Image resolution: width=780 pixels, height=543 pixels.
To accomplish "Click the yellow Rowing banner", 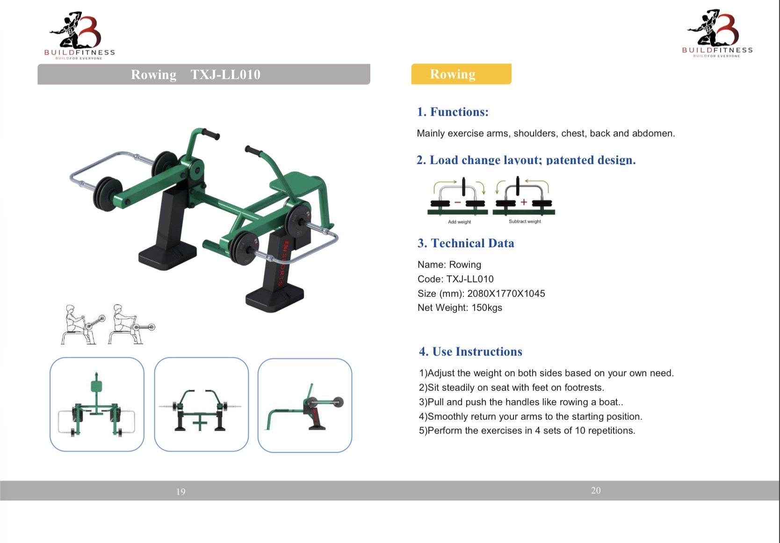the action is click(461, 74).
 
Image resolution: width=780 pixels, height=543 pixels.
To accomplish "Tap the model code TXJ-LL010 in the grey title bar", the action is click(225, 74).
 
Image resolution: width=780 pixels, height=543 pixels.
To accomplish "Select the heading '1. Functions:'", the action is click(453, 112).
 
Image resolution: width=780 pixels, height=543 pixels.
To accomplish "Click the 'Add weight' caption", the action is click(459, 221).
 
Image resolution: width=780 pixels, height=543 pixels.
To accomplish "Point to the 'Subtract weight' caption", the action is click(525, 221).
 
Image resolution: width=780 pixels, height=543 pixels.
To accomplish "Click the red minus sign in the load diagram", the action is click(457, 202).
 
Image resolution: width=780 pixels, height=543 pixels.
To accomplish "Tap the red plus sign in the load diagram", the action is click(524, 202).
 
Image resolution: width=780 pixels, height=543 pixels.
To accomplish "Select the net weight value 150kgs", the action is click(487, 307).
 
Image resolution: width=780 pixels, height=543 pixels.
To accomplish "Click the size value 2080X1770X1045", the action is click(506, 293).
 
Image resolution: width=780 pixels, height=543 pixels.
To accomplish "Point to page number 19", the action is click(181, 492).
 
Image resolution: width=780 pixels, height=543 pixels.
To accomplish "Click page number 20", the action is click(596, 490).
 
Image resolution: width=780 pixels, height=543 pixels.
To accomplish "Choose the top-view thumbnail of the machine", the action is click(97, 405).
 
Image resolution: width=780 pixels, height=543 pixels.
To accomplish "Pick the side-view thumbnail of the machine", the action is click(305, 406).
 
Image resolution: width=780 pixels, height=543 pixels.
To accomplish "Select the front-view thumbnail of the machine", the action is click(201, 405).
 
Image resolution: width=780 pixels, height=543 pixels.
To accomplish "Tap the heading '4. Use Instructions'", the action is click(470, 351).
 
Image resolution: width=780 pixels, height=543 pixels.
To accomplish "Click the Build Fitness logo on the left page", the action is click(79, 35).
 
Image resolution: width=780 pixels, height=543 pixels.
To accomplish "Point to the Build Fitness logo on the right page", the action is click(717, 33).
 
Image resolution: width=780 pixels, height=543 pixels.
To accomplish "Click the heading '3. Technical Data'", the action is click(466, 243).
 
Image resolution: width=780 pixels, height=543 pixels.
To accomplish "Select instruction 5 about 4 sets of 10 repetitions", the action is click(527, 430).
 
